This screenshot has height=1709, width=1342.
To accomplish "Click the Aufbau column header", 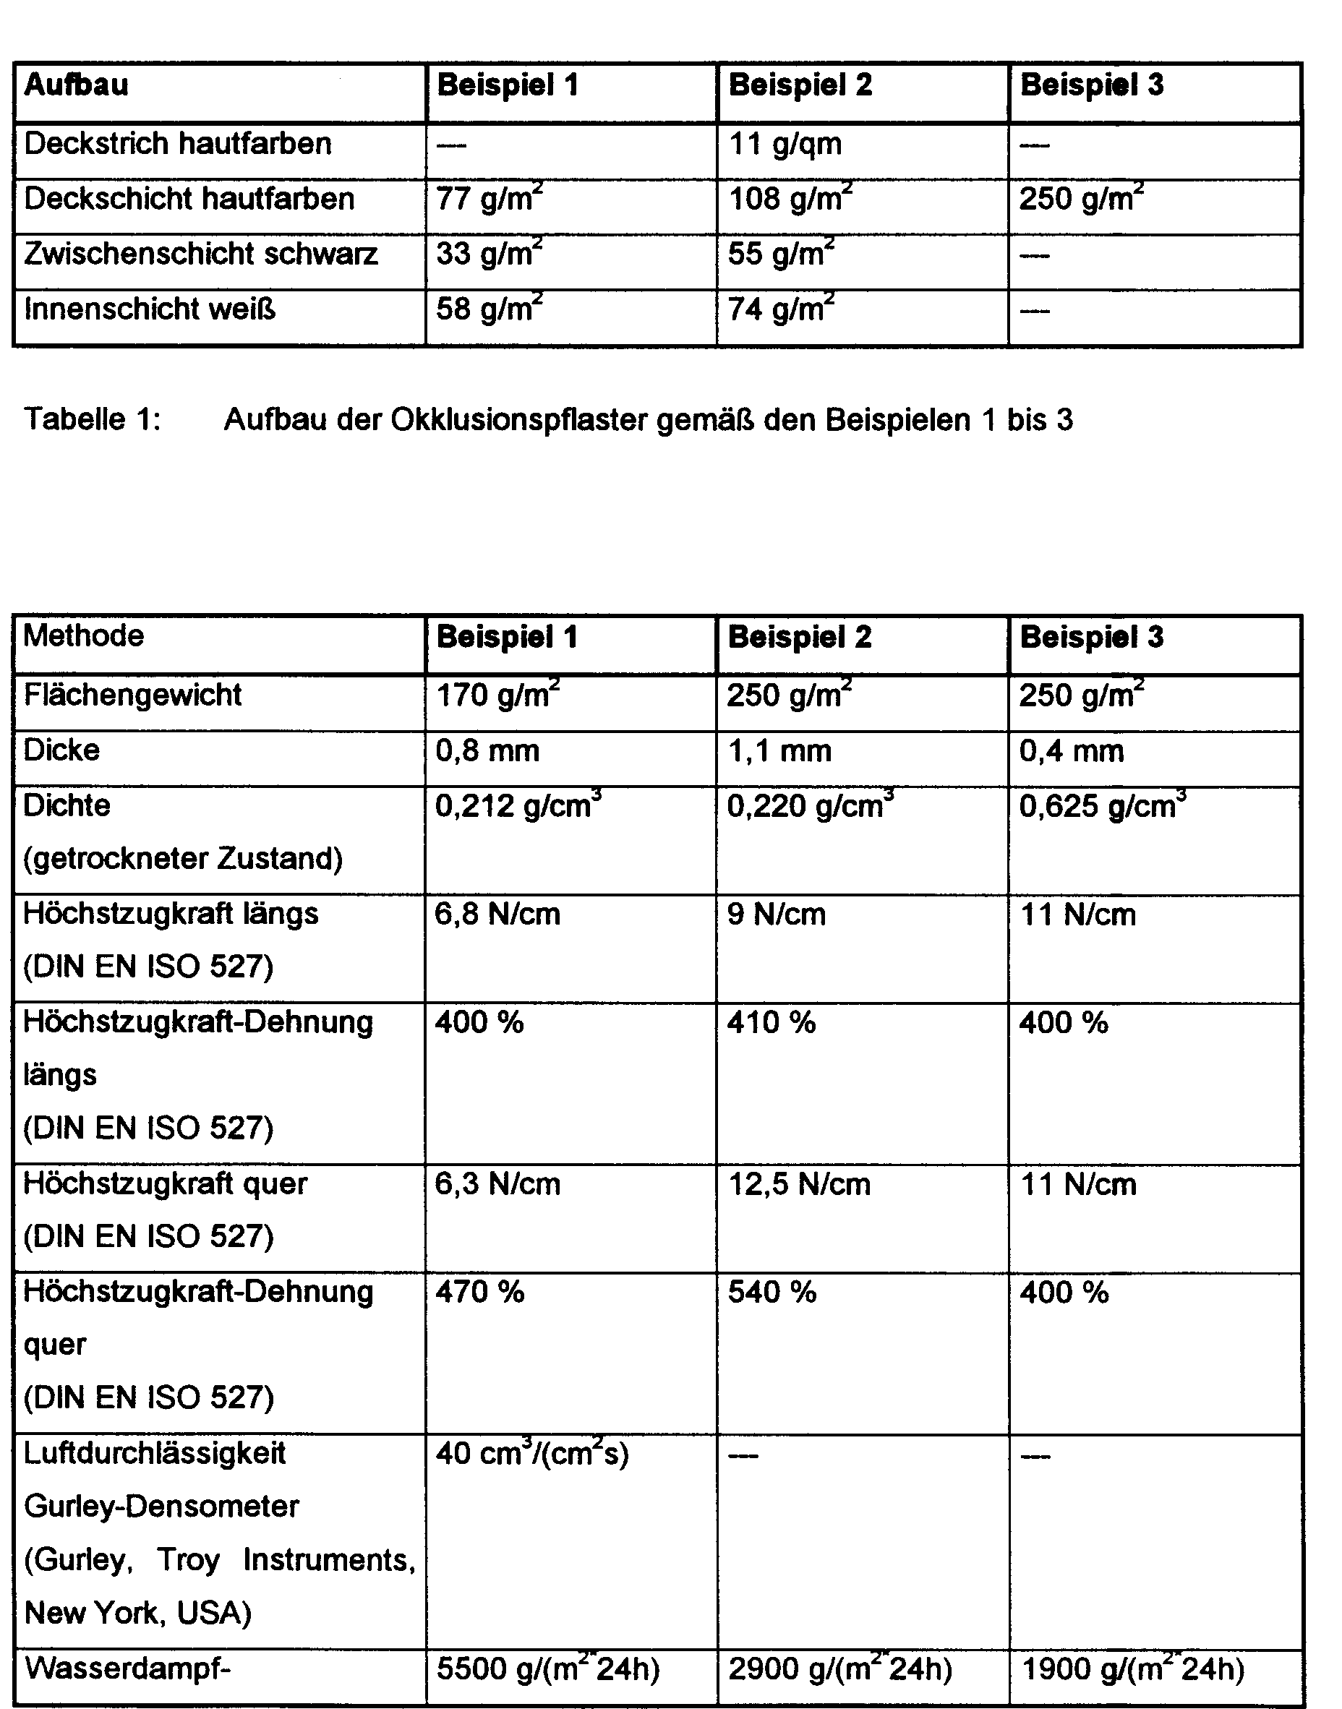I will tap(76, 85).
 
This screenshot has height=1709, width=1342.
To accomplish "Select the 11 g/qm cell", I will tap(785, 145).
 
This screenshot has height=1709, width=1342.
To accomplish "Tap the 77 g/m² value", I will tap(489, 199).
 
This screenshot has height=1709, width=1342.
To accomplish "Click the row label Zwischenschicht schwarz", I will tap(201, 254).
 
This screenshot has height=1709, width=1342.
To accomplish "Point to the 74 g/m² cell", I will tap(781, 309).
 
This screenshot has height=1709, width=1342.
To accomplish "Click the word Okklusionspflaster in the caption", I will tap(519, 420).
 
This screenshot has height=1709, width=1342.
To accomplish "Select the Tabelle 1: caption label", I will tap(93, 420).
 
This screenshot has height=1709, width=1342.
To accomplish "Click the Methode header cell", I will tap(84, 636).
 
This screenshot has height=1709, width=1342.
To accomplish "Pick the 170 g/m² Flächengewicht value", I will tap(497, 695).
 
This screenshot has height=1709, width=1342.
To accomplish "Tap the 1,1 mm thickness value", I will tap(779, 752).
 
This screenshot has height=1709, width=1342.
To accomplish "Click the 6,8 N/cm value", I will tap(497, 915).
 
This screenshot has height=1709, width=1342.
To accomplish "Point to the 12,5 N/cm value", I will tap(799, 1185).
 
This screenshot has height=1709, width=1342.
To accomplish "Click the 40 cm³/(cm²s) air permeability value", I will tap(532, 1455).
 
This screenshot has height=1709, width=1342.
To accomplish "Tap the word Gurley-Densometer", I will tap(161, 1507).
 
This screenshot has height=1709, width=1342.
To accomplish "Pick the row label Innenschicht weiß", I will tap(150, 309).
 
